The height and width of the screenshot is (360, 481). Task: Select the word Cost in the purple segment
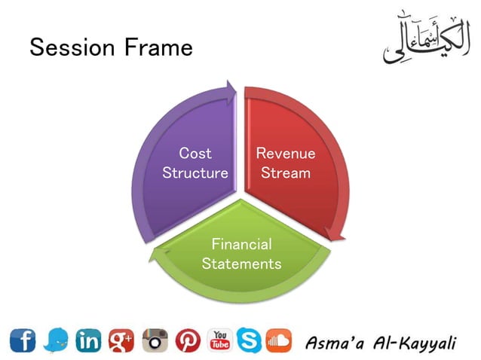[x=195, y=154]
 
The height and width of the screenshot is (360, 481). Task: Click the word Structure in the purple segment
[x=195, y=172]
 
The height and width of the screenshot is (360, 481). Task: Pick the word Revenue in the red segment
[x=286, y=154]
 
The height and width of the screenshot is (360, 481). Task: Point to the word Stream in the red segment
[x=286, y=172]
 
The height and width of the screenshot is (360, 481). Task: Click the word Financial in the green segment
[x=241, y=244]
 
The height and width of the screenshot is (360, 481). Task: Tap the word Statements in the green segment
[x=241, y=264]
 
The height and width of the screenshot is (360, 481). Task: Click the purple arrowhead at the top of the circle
[x=228, y=93]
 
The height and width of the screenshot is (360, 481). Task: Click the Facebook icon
[x=22, y=341]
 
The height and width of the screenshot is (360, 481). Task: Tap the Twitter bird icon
[x=56, y=341]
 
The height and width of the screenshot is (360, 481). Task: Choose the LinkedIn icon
[x=89, y=341]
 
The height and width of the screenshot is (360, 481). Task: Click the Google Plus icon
[x=121, y=341]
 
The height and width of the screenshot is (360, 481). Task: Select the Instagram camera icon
[x=155, y=341]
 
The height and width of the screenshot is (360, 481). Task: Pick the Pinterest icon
[x=188, y=341]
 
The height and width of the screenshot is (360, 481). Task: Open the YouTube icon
[x=220, y=341]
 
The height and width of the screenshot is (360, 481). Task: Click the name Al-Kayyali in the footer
[x=418, y=343]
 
